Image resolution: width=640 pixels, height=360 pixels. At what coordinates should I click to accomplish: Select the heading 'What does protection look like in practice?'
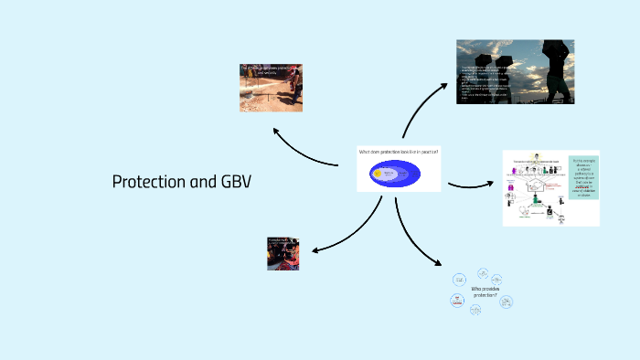pos(399,152)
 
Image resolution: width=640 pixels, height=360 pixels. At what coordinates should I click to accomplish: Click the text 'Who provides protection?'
pos(485,291)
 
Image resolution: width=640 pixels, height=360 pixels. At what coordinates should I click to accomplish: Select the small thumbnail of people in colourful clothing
pos(283,252)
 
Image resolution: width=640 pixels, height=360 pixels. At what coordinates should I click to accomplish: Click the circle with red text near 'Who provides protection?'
pos(456,299)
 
